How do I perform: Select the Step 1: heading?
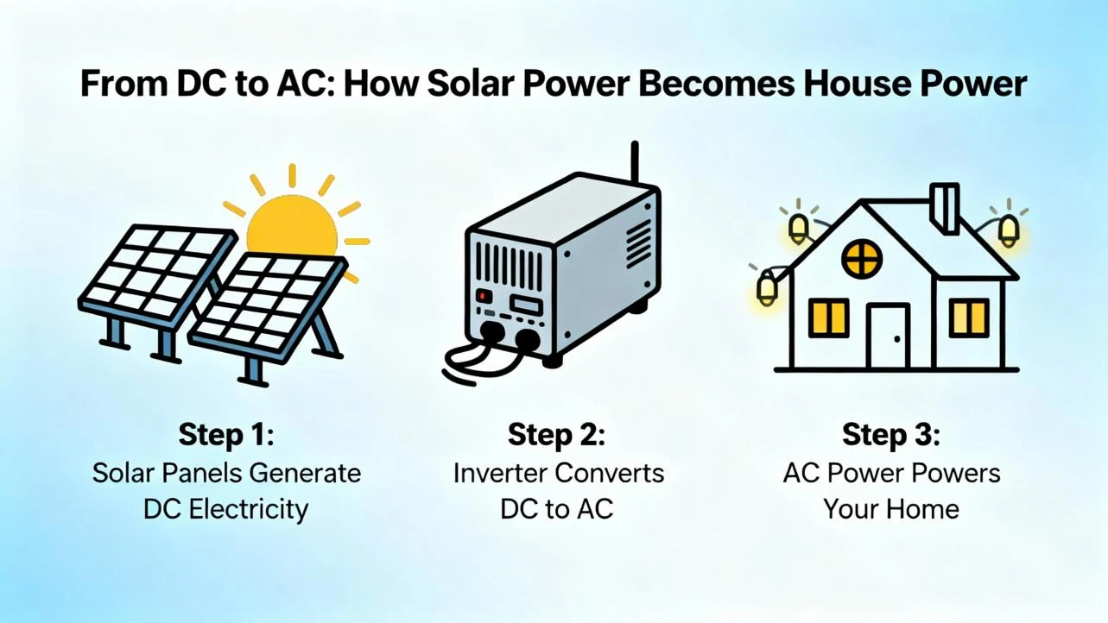[226, 434]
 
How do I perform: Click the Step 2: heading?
[557, 434]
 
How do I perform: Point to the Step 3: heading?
[891, 434]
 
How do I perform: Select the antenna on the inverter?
[635, 164]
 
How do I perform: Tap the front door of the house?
[888, 337]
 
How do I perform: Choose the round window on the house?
[862, 258]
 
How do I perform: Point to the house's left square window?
[828, 318]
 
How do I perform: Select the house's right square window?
[968, 318]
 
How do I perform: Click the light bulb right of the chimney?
[1008, 230]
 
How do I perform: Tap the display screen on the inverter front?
[525, 305]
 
